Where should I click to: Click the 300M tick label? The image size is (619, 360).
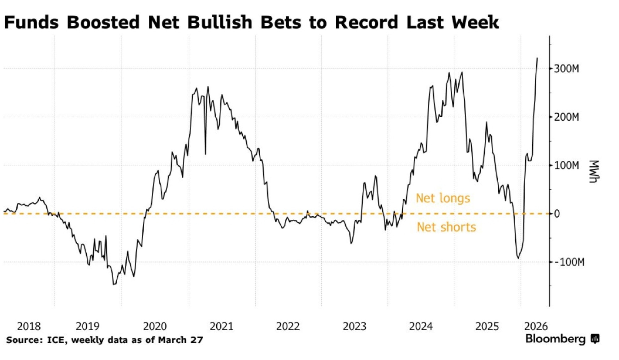566,69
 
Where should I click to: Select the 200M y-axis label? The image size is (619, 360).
566,117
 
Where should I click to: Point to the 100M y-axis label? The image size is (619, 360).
566,165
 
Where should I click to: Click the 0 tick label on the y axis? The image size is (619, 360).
557,214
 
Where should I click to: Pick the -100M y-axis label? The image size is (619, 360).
569,262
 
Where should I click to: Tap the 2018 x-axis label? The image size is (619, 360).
29,326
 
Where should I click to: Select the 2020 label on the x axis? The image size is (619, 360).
155,326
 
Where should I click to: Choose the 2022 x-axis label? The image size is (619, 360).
288,326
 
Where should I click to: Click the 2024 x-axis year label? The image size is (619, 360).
421,326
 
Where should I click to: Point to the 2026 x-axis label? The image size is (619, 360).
536,326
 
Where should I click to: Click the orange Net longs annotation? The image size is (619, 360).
443,198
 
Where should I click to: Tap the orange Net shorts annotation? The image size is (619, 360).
446,227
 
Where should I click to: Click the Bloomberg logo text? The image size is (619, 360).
555,339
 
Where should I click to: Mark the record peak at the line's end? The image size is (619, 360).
537,58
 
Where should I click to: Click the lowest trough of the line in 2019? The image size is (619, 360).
114,284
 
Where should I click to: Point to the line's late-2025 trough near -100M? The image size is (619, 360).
518,258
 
